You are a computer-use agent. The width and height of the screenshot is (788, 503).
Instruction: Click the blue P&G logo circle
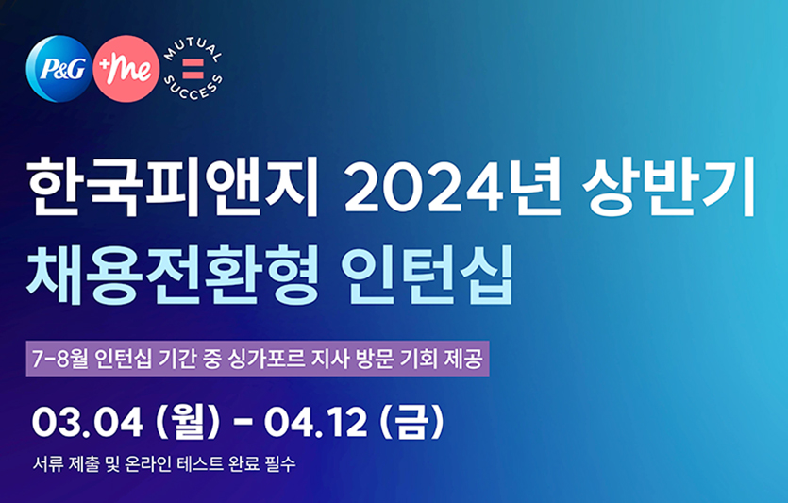(59, 69)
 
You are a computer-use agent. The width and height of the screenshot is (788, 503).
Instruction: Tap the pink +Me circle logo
(126, 69)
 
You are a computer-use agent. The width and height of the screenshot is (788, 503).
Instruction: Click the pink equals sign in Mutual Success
(193, 69)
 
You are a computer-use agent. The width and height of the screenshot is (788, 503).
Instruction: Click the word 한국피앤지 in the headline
(174, 187)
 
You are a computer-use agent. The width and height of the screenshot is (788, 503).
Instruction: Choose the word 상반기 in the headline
(669, 187)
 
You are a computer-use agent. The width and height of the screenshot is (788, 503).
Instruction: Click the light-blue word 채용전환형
(174, 275)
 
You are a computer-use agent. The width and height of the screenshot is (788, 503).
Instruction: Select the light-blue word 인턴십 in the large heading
(428, 275)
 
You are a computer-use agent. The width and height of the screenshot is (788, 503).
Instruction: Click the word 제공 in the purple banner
(464, 360)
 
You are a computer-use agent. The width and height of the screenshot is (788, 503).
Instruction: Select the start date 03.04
(88, 423)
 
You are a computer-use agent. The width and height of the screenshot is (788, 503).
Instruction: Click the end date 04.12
(315, 423)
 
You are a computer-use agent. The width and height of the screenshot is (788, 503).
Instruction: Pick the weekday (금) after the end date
(412, 423)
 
